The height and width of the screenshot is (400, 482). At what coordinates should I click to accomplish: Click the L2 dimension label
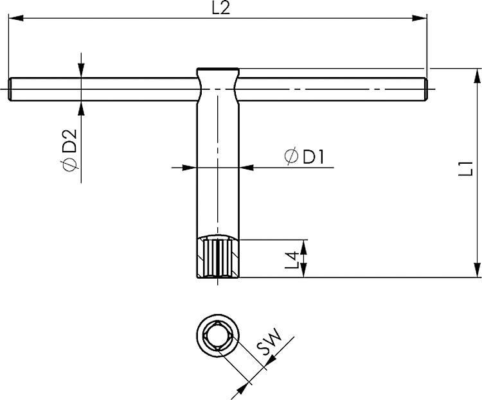click(220, 8)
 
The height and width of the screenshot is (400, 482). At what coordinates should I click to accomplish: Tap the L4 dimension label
click(292, 259)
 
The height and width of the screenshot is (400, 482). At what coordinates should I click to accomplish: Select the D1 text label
click(310, 157)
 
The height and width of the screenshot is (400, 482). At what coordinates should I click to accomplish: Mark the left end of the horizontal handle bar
click(12, 89)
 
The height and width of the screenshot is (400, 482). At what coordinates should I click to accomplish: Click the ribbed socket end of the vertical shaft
click(217, 258)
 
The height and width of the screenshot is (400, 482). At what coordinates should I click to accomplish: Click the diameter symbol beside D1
click(290, 157)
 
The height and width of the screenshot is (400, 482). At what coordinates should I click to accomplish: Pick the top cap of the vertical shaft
click(217, 71)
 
